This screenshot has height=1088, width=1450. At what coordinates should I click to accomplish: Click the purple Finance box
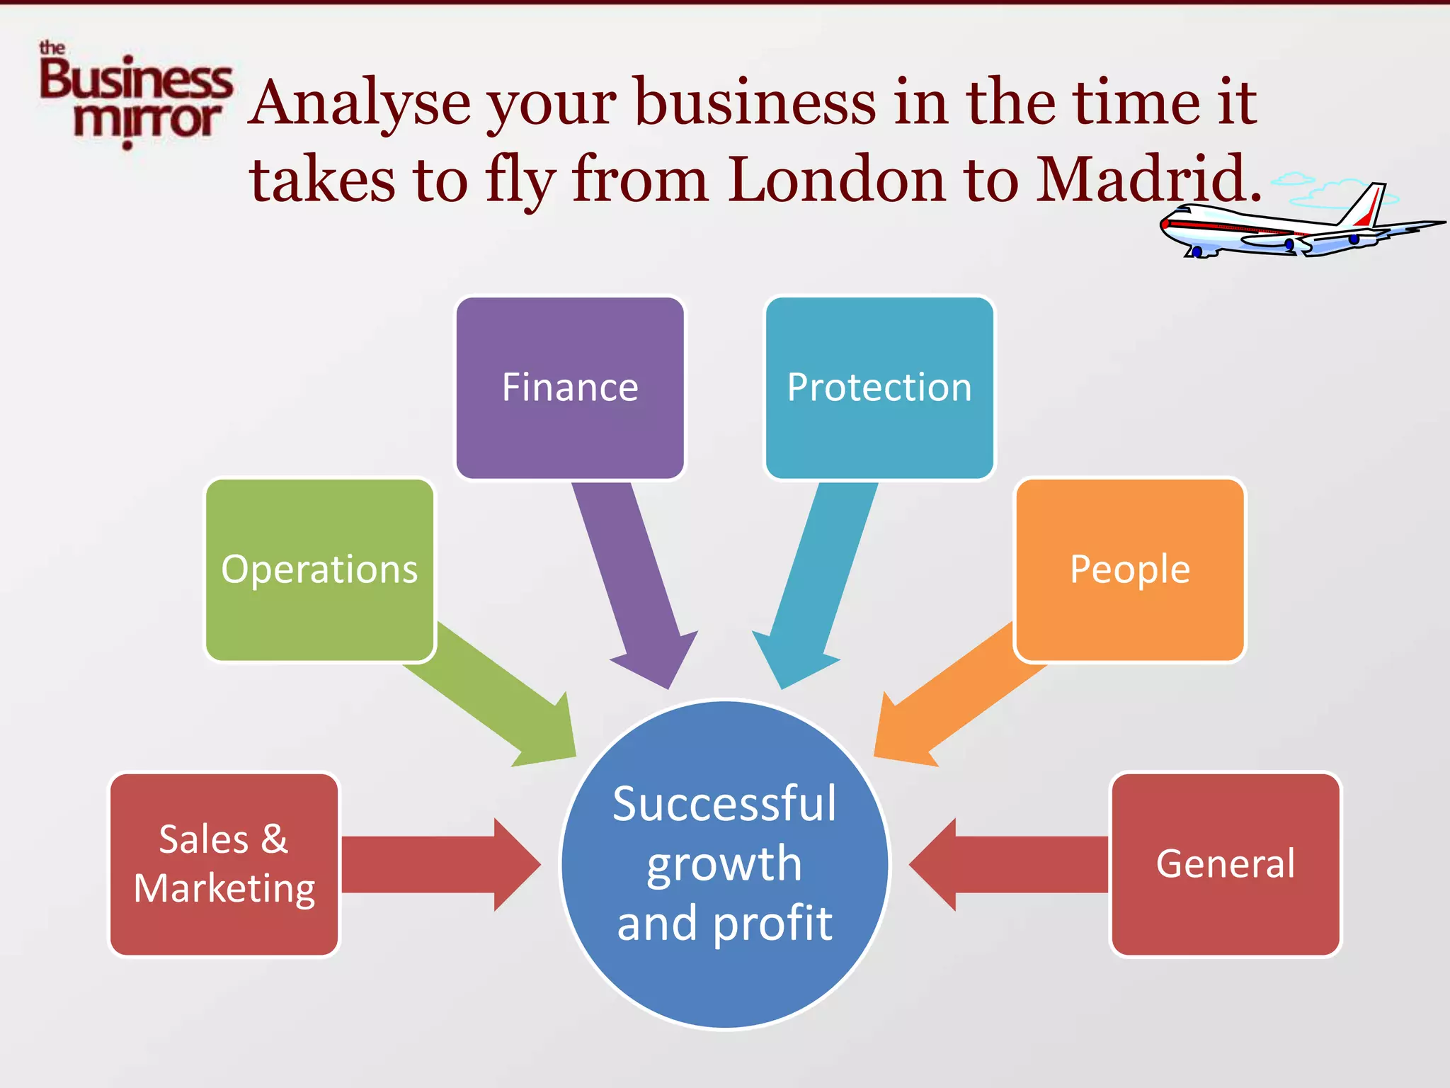[570, 388]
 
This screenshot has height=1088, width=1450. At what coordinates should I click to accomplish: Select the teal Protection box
[879, 388]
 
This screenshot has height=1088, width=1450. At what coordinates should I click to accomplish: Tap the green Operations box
[319, 570]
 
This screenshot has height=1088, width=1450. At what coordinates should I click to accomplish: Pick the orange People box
[1130, 570]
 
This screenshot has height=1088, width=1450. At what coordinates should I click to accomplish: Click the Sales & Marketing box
[224, 864]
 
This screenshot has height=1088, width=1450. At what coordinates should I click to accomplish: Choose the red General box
[1226, 864]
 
